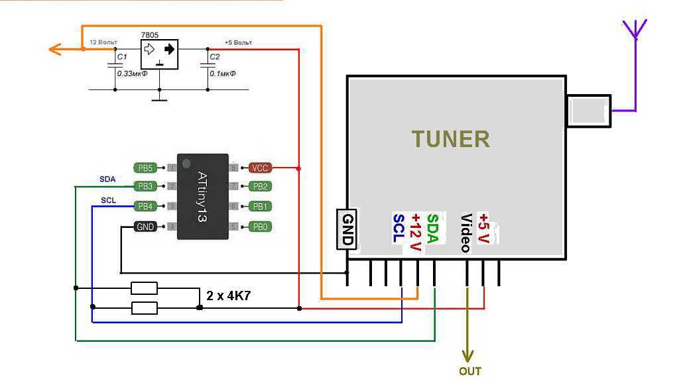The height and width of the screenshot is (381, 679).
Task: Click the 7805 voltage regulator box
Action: tap(159, 54)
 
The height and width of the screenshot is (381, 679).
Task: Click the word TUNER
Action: tap(450, 139)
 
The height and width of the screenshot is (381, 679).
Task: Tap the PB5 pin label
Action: tap(145, 168)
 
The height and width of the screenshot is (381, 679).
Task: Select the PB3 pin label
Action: tap(145, 187)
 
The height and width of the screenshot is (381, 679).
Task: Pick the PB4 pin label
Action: tap(145, 207)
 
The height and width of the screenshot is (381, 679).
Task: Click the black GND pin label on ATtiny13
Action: tap(145, 227)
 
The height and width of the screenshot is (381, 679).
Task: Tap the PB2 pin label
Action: tap(260, 187)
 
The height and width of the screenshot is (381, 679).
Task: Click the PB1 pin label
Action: tap(260, 207)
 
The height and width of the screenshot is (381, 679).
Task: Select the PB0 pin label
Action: tap(260, 227)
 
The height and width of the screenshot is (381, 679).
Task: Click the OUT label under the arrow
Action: tap(469, 371)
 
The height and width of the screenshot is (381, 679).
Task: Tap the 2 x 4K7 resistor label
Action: tap(228, 296)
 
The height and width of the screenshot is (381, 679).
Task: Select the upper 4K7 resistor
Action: tap(144, 288)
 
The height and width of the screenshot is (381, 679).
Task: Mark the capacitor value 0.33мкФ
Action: tap(132, 73)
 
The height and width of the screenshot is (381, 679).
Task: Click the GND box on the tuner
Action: tap(346, 229)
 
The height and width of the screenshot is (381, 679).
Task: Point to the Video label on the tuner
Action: tap(466, 233)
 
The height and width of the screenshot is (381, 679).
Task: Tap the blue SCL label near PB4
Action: tap(108, 200)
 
